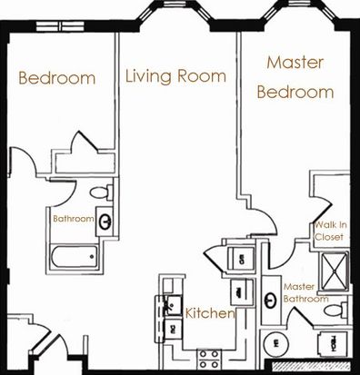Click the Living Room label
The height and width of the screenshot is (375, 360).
pyautogui.click(x=175, y=76)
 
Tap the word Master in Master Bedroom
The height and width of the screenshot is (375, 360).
pyautogui.click(x=295, y=63)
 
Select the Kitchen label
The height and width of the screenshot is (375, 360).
pyautogui.click(x=210, y=313)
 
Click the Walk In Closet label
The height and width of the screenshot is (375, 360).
pyautogui.click(x=330, y=231)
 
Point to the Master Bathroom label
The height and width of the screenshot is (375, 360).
pyautogui.click(x=305, y=292)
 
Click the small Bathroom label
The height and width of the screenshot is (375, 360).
pyautogui.click(x=74, y=219)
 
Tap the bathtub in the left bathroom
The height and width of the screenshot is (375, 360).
pyautogui.click(x=75, y=257)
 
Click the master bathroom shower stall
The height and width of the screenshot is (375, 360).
pyautogui.click(x=334, y=271)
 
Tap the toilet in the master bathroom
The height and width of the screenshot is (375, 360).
pyautogui.click(x=335, y=311)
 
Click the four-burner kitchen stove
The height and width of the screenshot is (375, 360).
pyautogui.click(x=209, y=359)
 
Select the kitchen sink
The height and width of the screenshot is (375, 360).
pyautogui.click(x=174, y=305)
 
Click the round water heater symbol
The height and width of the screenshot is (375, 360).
pyautogui.click(x=275, y=343)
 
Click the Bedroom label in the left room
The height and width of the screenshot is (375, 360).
pyautogui.click(x=57, y=78)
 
